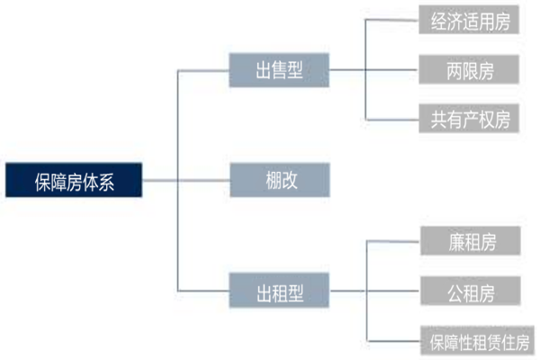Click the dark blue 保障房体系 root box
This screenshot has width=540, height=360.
point(74,181)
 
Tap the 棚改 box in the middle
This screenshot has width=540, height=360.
point(280,181)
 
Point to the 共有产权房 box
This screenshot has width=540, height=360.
point(470,118)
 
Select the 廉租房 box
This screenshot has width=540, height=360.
point(470,241)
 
